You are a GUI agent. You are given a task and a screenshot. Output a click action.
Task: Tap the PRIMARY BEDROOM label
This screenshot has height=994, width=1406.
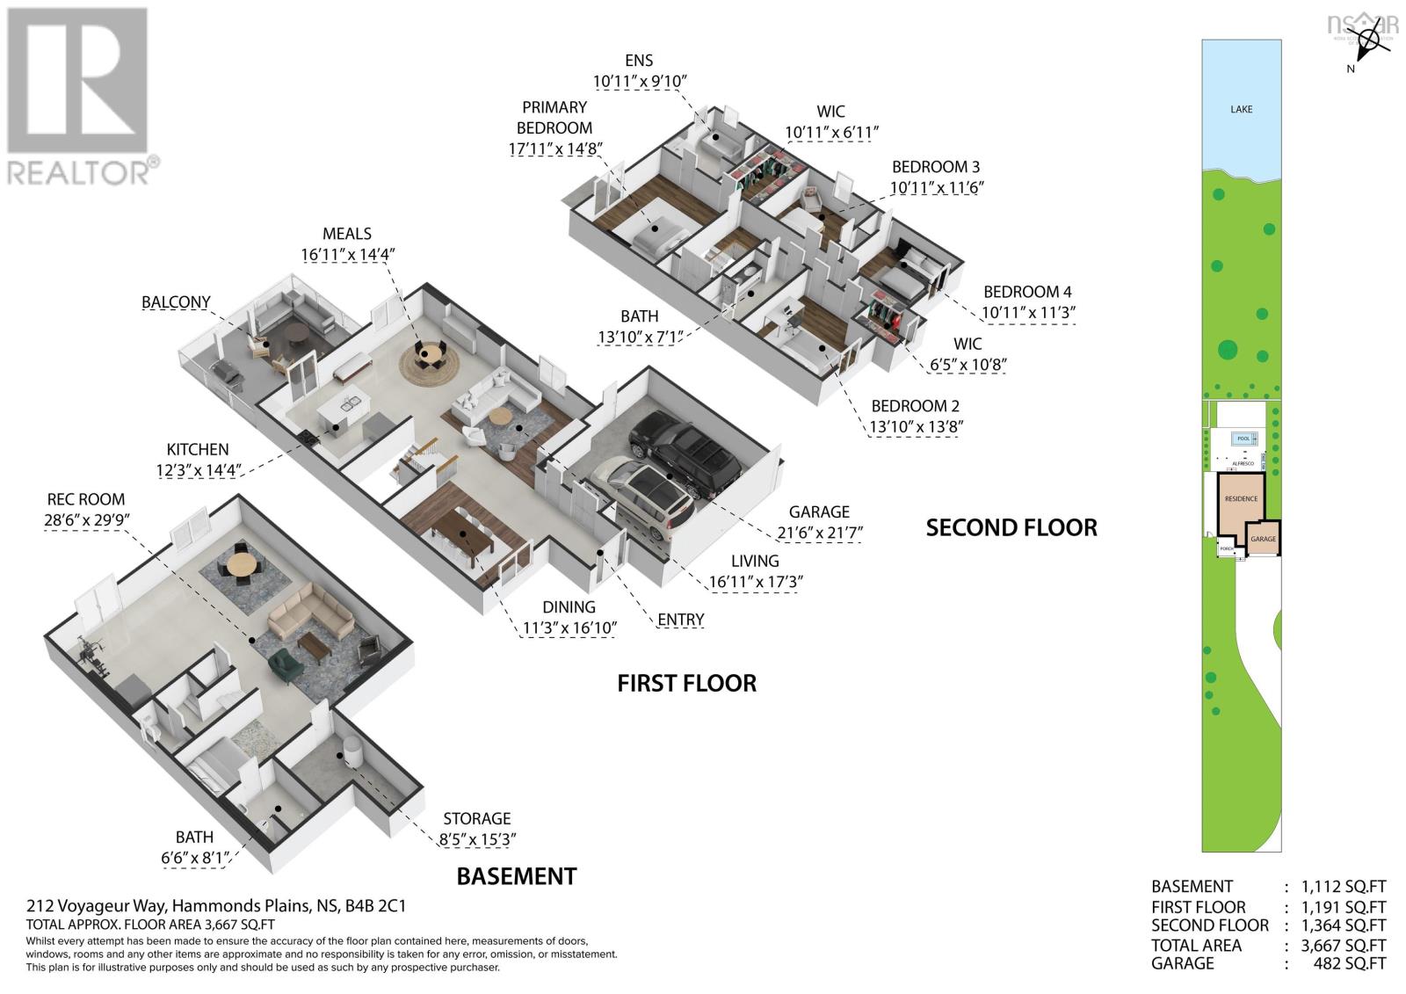[554, 117]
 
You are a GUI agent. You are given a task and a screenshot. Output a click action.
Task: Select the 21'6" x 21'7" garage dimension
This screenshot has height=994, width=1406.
[819, 533]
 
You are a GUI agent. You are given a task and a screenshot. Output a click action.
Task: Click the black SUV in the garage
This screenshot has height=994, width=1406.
[685, 453]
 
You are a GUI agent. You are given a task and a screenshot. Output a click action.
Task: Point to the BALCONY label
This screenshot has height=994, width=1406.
[177, 302]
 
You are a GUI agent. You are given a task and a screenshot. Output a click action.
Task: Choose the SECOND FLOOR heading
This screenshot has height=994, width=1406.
[1011, 527]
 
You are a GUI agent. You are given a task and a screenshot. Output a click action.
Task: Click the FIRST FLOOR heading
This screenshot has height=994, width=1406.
[686, 683]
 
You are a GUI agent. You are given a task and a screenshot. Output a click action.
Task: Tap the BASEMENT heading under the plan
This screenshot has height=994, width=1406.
[517, 876]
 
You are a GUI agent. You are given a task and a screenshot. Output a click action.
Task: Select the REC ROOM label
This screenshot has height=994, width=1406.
[85, 499]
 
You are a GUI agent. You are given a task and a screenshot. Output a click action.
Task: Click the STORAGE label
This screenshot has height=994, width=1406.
[477, 819]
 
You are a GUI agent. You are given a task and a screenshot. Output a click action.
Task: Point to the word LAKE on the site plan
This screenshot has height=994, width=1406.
[1242, 109]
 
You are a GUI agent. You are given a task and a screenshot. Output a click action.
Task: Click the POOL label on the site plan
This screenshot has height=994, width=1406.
[1243, 439]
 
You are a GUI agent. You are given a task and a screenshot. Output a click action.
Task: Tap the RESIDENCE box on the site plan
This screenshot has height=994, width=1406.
[1241, 499]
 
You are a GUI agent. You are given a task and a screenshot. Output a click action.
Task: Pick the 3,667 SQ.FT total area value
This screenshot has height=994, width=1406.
[1335, 946]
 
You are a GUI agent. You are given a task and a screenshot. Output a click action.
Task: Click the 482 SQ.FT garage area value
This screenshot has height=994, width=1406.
[1344, 964]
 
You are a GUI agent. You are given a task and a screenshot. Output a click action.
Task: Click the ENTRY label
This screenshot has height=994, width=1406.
[681, 620]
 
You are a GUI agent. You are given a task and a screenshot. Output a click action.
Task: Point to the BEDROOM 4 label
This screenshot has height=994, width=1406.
[1027, 292]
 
